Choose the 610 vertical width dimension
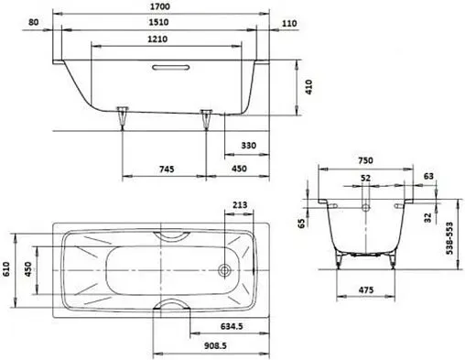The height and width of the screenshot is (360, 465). [x=8, y=269]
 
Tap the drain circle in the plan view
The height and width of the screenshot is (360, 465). [x=222, y=270]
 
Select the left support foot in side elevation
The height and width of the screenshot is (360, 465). [x=122, y=115]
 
